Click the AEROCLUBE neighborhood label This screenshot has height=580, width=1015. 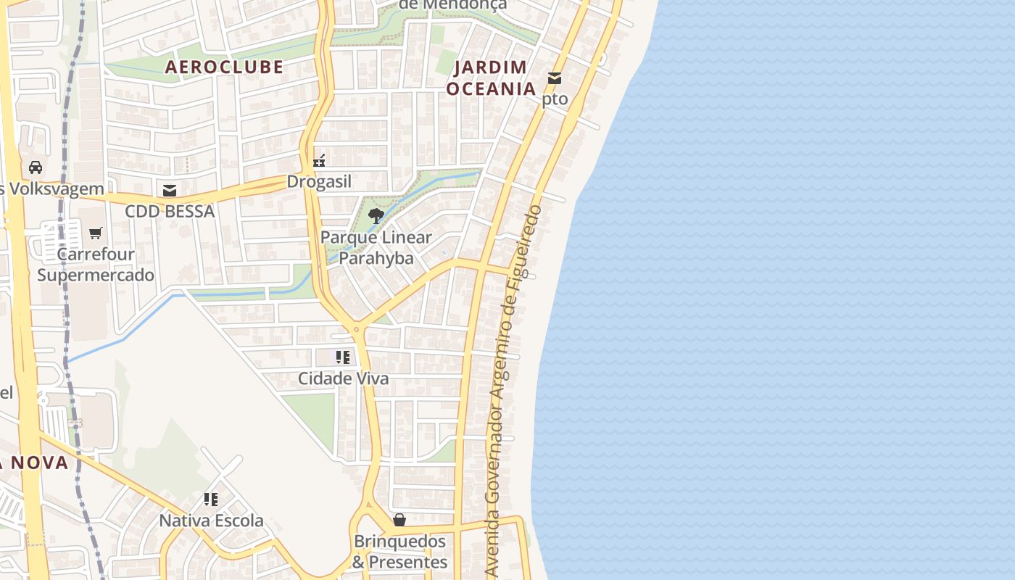coord(224,67)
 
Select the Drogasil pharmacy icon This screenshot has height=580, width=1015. coord(319,160)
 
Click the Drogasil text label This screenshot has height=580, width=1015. coord(319,181)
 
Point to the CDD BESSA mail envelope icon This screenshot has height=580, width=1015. coord(170,191)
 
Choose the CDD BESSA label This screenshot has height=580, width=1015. coord(170,211)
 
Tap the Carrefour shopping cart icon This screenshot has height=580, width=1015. coord(96,233)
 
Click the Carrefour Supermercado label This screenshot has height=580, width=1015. coord(96,265)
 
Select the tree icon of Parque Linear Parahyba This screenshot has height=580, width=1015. coord(376,215)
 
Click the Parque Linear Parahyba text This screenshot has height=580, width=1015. coord(376,247)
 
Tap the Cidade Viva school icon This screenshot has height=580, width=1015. coord(343,357)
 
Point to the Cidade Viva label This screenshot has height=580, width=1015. coord(343,378)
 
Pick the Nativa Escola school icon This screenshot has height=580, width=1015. coord(211,500)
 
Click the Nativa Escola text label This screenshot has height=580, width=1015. coord(211,521)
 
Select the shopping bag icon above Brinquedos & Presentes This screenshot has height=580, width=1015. coord(399,520)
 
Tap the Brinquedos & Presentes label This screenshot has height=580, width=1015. coord(400,552)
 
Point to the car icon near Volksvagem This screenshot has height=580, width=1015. coord(35,167)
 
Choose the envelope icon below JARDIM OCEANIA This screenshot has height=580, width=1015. coord(555,78)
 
